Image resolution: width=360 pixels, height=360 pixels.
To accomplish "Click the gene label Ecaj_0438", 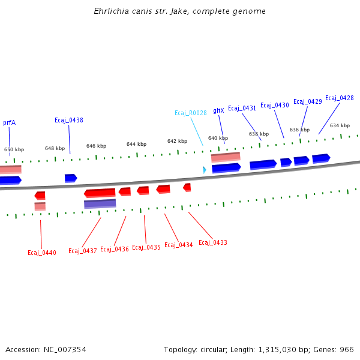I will tap(69, 120).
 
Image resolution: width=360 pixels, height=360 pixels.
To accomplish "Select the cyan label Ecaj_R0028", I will tap(191, 113).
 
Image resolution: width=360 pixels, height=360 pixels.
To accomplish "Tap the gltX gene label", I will tap(218, 110).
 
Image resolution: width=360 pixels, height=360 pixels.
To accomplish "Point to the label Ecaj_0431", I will tap(242, 108).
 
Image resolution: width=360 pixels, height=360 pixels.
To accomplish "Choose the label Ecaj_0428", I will tap(340, 98).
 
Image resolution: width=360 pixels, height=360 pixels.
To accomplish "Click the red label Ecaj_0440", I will tap(42, 253).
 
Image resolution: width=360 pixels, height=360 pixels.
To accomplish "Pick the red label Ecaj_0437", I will tap(83, 251).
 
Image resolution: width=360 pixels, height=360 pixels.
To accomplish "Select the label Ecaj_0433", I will tap(213, 242).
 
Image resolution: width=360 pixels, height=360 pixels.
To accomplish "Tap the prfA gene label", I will tap(9, 122).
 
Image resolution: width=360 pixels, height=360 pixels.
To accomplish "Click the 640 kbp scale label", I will tap(218, 138).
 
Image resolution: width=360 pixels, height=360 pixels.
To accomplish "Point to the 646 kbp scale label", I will tap(96, 146).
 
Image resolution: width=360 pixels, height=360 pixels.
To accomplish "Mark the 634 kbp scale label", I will tap(340, 125).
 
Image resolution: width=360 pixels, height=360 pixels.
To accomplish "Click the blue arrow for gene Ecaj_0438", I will tap(71, 178).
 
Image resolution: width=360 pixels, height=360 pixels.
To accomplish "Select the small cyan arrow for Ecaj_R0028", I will tap(204, 170).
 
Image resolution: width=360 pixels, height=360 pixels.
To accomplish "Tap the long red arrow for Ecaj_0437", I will tap(100, 193).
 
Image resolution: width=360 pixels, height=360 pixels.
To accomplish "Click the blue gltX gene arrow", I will tap(226, 167).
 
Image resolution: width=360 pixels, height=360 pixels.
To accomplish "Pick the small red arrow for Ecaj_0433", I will tap(187, 187).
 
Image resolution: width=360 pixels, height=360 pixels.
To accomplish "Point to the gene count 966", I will tap(347, 349).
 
